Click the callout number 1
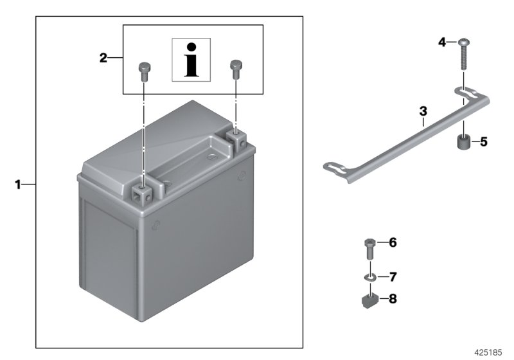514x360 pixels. click(19, 184)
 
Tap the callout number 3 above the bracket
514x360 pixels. click(423, 111)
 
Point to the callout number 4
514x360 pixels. click(442, 42)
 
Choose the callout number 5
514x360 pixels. click(484, 141)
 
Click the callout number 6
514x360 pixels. click(393, 242)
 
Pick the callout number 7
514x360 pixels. click(393, 277)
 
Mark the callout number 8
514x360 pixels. click(393, 298)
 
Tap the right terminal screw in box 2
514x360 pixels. click(236, 67)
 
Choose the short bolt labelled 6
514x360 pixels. click(368, 248)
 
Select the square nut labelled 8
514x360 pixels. click(369, 298)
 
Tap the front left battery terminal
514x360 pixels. click(143, 191)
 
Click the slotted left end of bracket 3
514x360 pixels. click(337, 168)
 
